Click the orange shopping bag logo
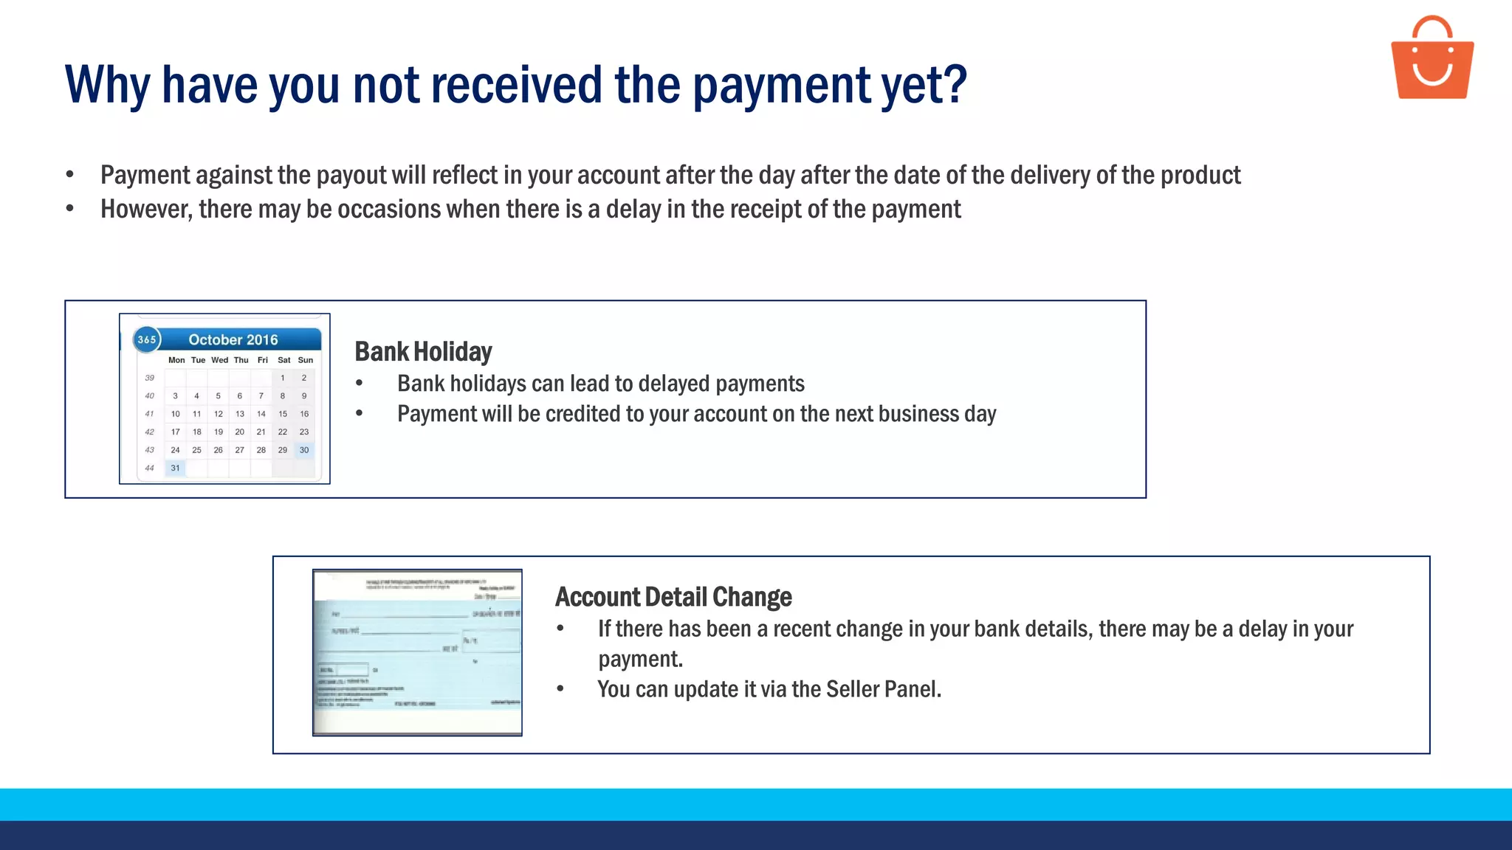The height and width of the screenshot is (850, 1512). (x=1432, y=59)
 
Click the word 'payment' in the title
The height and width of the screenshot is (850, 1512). (x=782, y=86)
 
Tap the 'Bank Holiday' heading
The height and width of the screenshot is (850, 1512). (x=423, y=352)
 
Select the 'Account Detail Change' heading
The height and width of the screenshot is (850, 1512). (x=673, y=597)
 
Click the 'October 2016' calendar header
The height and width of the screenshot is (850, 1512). (x=233, y=339)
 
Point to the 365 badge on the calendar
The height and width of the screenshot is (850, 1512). (x=147, y=339)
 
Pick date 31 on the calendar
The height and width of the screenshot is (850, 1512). (x=175, y=468)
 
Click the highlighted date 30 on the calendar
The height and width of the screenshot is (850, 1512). (x=304, y=450)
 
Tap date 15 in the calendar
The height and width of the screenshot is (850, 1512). (x=283, y=414)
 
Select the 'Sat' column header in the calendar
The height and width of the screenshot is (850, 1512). (x=284, y=360)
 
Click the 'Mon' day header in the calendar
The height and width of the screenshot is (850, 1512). (x=176, y=360)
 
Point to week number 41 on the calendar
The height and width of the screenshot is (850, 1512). (x=149, y=414)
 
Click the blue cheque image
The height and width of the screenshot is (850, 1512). (x=417, y=652)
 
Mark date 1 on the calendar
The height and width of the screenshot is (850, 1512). (x=283, y=378)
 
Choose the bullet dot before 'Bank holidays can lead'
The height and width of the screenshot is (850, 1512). (x=360, y=384)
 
